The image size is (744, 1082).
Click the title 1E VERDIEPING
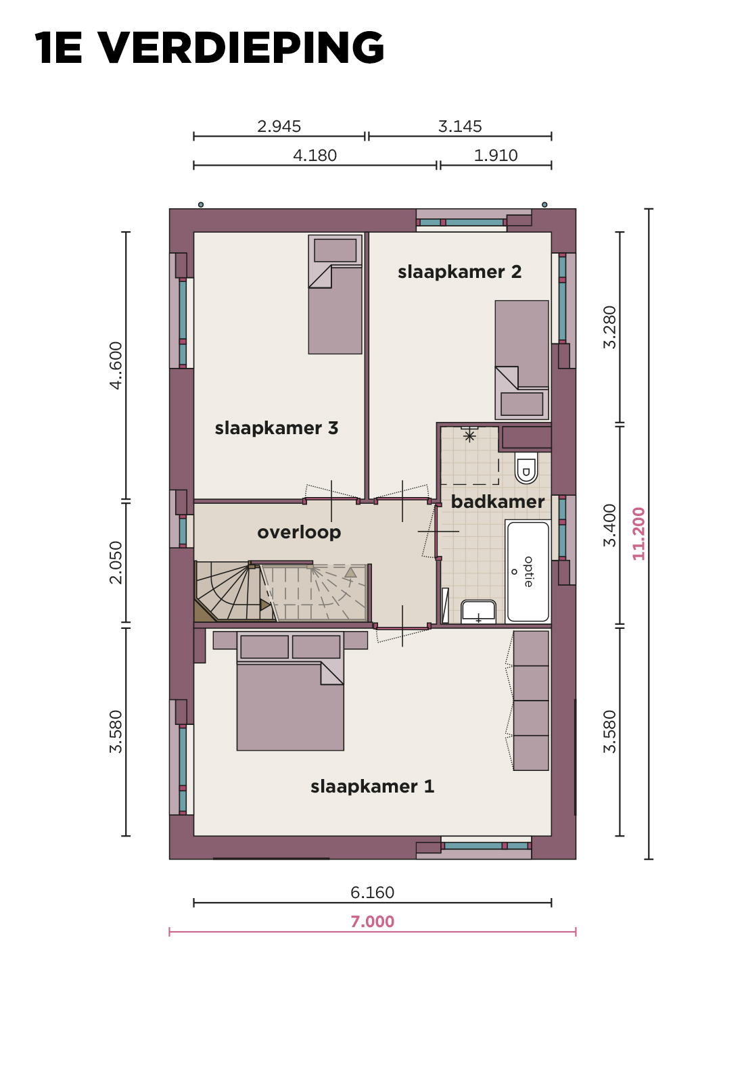pyautogui.click(x=209, y=47)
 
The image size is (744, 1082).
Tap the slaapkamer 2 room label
pyautogui.click(x=459, y=272)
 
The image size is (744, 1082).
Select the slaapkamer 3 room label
pyautogui.click(x=277, y=428)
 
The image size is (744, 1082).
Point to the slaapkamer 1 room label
pyautogui.click(x=372, y=786)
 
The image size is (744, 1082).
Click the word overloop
pyautogui.click(x=299, y=532)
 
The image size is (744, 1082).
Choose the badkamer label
pyautogui.click(x=498, y=502)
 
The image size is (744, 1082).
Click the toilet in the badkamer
pyautogui.click(x=526, y=467)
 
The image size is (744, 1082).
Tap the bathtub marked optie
pyautogui.click(x=528, y=571)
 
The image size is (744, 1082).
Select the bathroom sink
pyautogui.click(x=478, y=611)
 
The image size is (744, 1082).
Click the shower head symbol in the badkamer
pyautogui.click(x=469, y=436)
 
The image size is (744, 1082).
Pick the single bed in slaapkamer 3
pyautogui.click(x=335, y=294)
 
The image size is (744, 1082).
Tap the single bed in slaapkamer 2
pyautogui.click(x=521, y=360)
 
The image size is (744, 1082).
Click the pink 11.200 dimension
pyautogui.click(x=638, y=534)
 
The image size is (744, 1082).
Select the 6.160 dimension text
pyautogui.click(x=372, y=893)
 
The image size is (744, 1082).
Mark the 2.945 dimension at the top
pyautogui.click(x=279, y=126)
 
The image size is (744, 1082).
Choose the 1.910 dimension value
pyautogui.click(x=496, y=156)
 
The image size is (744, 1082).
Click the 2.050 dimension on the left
pyautogui.click(x=116, y=562)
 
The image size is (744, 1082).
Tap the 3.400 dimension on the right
pyautogui.click(x=610, y=525)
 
